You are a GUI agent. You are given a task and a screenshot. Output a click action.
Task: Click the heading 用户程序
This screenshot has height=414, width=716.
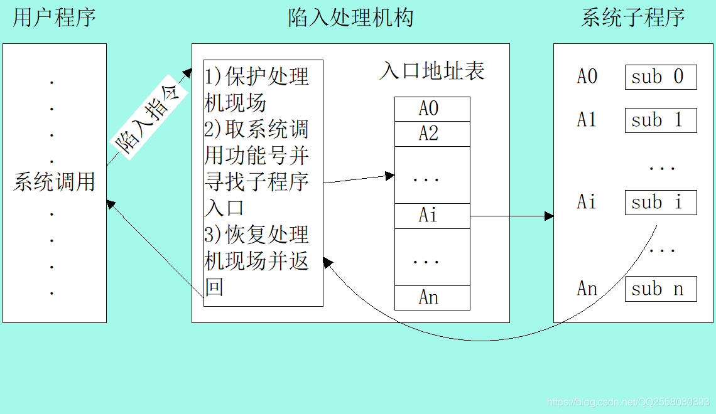pos(54,18)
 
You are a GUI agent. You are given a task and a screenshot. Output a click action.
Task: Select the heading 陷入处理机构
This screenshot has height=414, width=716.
pos(350,18)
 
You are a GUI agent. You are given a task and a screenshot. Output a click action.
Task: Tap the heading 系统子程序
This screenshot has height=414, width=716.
pos(632,18)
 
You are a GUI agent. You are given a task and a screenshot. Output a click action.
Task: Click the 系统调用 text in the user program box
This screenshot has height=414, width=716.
pos(54,182)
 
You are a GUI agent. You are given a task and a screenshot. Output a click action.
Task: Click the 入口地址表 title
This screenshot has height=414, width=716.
pos(432,72)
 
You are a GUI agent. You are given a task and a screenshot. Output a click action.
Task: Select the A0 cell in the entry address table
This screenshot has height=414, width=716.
pos(431,109)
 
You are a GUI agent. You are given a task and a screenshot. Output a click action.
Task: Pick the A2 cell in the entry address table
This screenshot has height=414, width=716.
pos(431,134)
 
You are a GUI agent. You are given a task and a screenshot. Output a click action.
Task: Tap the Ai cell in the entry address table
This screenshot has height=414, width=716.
pos(431,216)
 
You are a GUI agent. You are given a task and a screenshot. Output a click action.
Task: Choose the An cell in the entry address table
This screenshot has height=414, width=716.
pos(431,297)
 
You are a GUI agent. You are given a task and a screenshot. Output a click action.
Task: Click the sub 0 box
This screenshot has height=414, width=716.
pos(660,77)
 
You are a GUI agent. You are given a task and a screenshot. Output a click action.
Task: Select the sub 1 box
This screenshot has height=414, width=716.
pos(660,120)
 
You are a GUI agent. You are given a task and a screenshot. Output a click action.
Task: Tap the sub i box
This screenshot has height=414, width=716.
pos(660,203)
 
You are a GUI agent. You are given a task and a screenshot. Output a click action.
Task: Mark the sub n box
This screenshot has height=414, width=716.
pos(660,289)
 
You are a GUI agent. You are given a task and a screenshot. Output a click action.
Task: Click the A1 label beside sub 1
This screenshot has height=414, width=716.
pos(587,120)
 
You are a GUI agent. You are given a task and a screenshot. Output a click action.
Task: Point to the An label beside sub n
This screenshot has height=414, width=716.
pos(587,289)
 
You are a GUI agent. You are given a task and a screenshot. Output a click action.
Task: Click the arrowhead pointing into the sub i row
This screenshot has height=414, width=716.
pos(550,216)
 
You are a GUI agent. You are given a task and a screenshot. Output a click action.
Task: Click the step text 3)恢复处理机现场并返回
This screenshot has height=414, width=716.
pos(258,260)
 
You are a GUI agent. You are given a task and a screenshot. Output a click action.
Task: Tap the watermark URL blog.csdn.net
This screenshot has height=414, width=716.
pos(628,401)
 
